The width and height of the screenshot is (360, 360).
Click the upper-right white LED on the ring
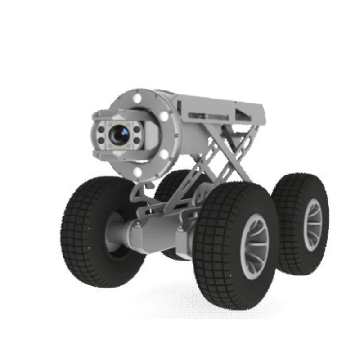163,116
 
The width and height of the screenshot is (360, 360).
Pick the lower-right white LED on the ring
164,153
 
